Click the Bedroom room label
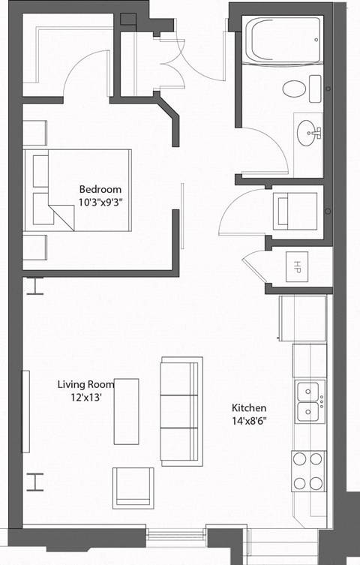click(100, 189)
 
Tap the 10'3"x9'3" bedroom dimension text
click(100, 201)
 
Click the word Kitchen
click(250, 408)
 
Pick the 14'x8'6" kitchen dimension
click(250, 420)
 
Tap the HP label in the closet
click(297, 266)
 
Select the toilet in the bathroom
click(295, 89)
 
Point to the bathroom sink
click(308, 133)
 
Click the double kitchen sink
click(309, 401)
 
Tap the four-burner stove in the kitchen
click(309, 471)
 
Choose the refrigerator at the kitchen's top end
click(302, 319)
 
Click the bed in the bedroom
click(79, 189)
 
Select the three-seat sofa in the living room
click(181, 410)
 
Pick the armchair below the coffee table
click(133, 487)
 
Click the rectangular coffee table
click(126, 411)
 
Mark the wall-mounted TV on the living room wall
click(25, 410)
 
